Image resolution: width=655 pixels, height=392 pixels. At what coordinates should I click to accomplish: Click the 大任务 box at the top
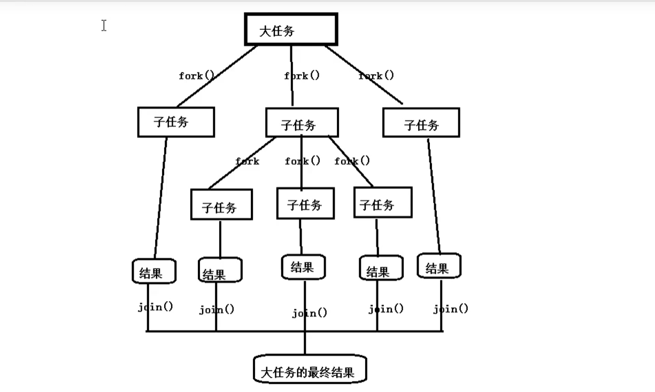[x=291, y=29]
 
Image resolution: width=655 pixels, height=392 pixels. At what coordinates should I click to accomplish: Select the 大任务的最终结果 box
[x=310, y=369]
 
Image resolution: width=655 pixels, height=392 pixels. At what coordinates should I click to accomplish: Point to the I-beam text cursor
[x=104, y=25]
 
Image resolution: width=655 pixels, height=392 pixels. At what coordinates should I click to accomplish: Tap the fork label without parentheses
[x=248, y=161]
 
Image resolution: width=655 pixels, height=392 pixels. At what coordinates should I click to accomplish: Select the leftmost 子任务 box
[x=176, y=122]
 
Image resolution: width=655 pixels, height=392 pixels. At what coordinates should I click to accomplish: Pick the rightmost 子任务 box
[x=421, y=122]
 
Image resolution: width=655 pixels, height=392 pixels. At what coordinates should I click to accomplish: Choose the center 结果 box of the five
[x=303, y=267]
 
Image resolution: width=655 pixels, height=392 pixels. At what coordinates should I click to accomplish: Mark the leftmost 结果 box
[x=154, y=271]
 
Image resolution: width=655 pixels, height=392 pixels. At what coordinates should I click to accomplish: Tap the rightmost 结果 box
[x=438, y=266]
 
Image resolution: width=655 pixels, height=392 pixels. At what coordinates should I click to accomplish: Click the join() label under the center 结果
[x=310, y=313]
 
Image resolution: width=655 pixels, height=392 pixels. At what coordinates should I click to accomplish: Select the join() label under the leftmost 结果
[x=156, y=308]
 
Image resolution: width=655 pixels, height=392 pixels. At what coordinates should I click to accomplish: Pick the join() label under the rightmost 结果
[x=451, y=309]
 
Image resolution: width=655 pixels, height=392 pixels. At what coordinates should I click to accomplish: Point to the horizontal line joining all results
[x=257, y=331]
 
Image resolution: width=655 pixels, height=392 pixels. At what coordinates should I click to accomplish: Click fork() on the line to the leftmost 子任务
[x=196, y=76]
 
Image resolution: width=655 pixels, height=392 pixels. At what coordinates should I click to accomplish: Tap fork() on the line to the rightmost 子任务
[x=376, y=76]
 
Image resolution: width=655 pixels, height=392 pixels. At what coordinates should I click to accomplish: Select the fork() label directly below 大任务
[x=302, y=76]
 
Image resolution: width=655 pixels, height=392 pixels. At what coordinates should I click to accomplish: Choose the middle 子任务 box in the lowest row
[x=305, y=203]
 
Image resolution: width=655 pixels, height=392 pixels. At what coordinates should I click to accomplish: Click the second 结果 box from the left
[x=220, y=270]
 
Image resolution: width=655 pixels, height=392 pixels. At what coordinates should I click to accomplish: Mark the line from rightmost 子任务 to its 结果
[x=434, y=195]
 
